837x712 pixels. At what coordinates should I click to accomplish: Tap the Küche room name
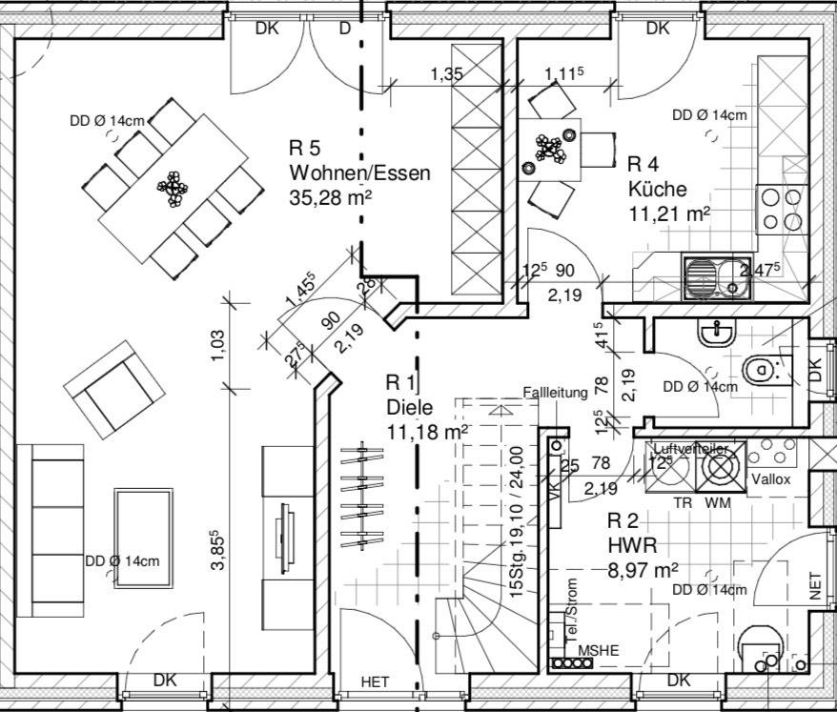pyautogui.click(x=657, y=188)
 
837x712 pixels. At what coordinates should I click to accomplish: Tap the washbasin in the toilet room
pyautogui.click(x=717, y=332)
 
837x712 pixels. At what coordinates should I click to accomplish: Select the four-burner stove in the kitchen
pyautogui.click(x=781, y=209)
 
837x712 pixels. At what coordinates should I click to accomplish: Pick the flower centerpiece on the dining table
pyautogui.click(x=173, y=187)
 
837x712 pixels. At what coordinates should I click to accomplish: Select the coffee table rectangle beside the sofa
pyautogui.click(x=143, y=529)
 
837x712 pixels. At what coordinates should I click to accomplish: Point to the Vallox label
pyautogui.click(x=770, y=479)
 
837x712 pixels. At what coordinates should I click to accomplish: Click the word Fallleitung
pyautogui.click(x=556, y=393)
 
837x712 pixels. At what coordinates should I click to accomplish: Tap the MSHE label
pyautogui.click(x=599, y=650)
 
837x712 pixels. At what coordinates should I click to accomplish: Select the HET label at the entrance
pyautogui.click(x=375, y=681)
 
